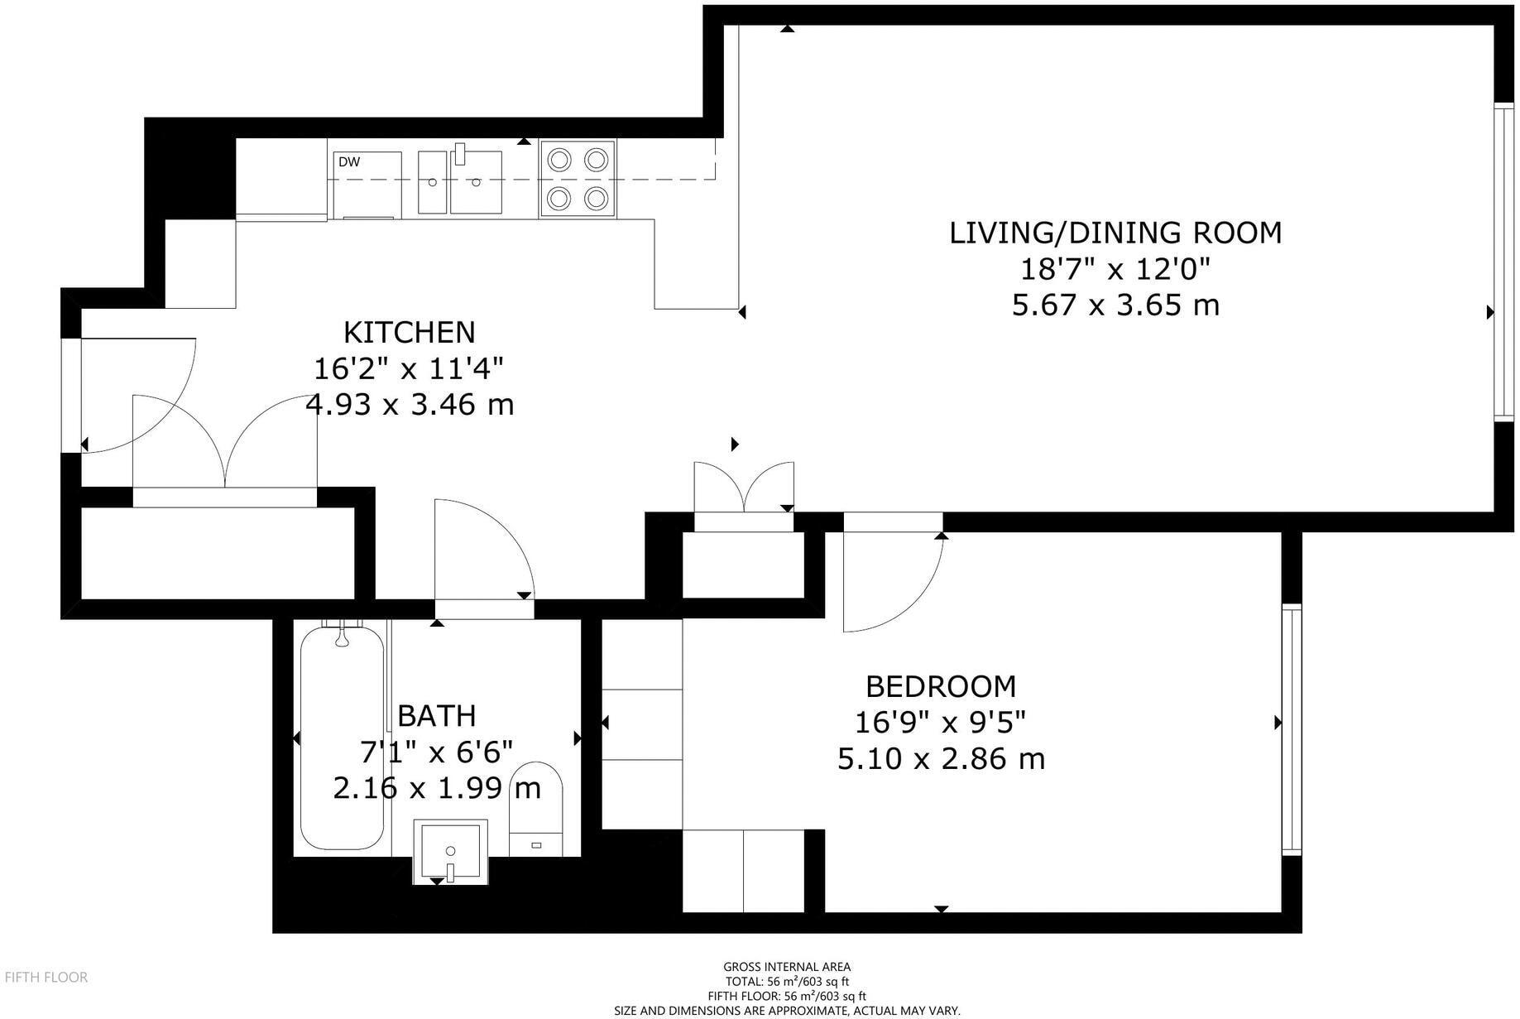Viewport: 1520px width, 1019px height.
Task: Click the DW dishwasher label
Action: [349, 162]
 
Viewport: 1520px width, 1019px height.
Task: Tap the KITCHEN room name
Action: [410, 332]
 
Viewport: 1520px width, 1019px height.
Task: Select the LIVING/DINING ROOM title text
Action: [1115, 233]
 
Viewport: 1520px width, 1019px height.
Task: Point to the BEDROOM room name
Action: [941, 686]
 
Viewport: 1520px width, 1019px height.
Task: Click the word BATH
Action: [437, 715]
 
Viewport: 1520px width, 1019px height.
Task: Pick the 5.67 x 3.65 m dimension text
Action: [1115, 305]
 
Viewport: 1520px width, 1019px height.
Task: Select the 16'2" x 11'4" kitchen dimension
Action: [410, 368]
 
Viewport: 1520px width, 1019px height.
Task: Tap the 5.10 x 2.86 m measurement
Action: [941, 758]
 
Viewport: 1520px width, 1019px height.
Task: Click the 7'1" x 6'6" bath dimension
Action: [437, 752]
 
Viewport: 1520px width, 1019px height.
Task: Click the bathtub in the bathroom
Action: [342, 738]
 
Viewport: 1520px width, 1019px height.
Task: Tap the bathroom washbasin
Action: [450, 851]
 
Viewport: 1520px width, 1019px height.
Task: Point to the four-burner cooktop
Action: [578, 179]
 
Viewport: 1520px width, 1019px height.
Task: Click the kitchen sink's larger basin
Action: [476, 182]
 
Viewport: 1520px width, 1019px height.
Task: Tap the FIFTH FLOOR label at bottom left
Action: [46, 978]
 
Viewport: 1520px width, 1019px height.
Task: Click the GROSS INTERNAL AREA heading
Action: [787, 967]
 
